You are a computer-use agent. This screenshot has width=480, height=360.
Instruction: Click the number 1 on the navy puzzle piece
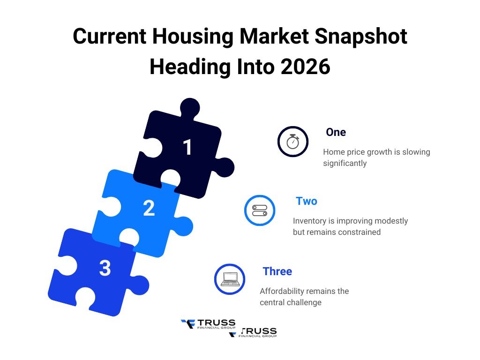click(187, 147)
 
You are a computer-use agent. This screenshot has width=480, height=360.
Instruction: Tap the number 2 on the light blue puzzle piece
click(149, 209)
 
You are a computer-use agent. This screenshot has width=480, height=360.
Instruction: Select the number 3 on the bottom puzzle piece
click(105, 269)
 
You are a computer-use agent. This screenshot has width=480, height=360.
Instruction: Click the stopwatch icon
click(293, 141)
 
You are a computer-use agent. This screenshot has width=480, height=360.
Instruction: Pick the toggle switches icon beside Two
click(260, 210)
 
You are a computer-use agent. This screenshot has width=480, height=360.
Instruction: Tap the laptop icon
click(230, 279)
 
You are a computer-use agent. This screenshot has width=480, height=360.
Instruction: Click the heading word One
click(336, 133)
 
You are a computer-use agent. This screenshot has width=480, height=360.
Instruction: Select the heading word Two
click(307, 202)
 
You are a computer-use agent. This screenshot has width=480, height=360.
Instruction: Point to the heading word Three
click(277, 271)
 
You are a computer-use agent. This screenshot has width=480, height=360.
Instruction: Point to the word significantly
click(345, 163)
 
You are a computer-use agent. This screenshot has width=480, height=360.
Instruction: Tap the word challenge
click(304, 302)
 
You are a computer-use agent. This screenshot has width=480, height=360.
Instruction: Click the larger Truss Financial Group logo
click(208, 323)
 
